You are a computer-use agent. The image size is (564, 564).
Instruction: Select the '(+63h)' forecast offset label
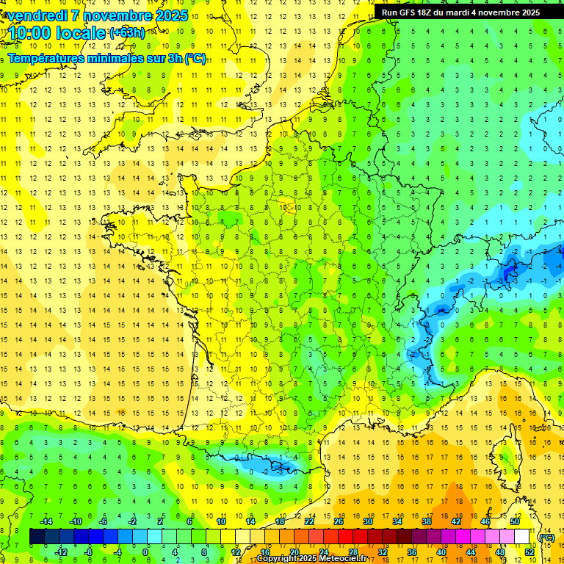click(x=127, y=32)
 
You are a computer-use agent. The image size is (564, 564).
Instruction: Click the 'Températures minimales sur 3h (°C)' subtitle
click(x=107, y=59)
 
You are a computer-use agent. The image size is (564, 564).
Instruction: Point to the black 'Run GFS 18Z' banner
click(x=460, y=12)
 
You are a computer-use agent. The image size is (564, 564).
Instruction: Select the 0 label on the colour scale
click(x=145, y=552)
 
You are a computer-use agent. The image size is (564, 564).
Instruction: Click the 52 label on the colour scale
click(x=529, y=552)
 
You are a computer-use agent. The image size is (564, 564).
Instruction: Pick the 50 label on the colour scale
click(x=515, y=521)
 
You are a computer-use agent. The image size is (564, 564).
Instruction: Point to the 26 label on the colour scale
click(x=339, y=521)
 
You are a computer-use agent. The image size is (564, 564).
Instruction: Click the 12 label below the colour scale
click(x=235, y=552)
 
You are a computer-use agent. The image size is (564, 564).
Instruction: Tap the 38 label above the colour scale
click(x=427, y=521)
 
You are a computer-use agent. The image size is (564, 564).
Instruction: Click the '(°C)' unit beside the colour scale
click(x=547, y=537)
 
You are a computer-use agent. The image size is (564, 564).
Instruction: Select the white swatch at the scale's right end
click(x=521, y=537)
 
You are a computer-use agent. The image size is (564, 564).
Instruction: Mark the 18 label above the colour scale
click(x=280, y=521)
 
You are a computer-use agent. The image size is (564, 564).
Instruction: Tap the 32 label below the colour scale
click(x=382, y=552)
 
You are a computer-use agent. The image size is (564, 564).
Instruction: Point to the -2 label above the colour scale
click(x=132, y=521)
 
